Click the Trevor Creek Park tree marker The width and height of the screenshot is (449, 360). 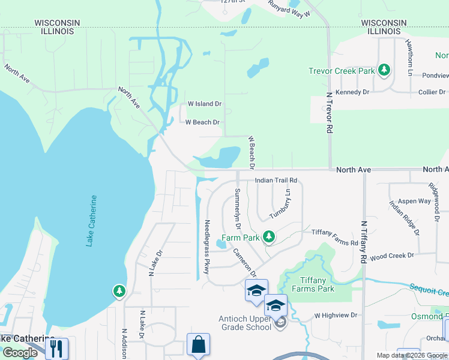(x=384, y=71)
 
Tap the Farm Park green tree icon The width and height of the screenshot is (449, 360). (x=269, y=238)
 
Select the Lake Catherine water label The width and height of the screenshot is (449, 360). (x=91, y=220)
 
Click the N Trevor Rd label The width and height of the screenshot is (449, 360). (x=330, y=112)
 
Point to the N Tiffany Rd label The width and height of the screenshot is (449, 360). (x=364, y=242)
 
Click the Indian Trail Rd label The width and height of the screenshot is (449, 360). (x=276, y=180)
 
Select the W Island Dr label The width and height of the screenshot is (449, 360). (x=205, y=104)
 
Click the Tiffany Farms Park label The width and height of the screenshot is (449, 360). (x=313, y=284)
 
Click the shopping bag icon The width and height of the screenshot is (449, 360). (x=198, y=346)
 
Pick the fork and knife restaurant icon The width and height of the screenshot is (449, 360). (x=57, y=348)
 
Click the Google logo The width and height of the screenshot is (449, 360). (x=20, y=353)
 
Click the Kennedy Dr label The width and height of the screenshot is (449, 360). (x=352, y=92)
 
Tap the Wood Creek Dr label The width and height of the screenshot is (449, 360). (x=392, y=256)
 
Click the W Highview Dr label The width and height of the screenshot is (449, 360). (x=336, y=315)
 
